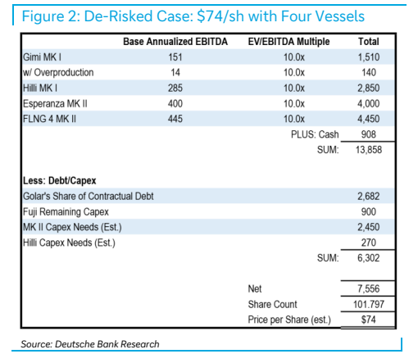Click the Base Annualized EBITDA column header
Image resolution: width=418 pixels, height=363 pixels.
pyautogui.click(x=175, y=42)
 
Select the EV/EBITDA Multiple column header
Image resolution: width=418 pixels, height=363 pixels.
pyautogui.click(x=289, y=42)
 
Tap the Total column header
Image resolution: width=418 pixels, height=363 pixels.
pyautogui.click(x=369, y=42)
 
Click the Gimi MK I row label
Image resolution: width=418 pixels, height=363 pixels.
pyautogui.click(x=42, y=57)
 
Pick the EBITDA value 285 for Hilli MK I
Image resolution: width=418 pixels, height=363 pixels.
pyautogui.click(x=175, y=88)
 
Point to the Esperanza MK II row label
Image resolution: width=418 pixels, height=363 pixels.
pyautogui.click(x=55, y=103)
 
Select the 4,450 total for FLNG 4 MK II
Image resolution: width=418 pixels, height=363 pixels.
pyautogui.click(x=369, y=119)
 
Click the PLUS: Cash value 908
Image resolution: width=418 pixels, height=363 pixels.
pyautogui.click(x=369, y=134)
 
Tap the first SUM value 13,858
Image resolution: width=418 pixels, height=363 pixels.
pyautogui.click(x=369, y=150)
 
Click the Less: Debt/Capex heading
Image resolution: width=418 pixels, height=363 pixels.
pyautogui.click(x=60, y=180)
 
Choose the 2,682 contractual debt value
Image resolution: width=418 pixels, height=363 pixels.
pyautogui.click(x=369, y=196)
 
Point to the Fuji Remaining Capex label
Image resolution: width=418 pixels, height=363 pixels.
pyautogui.click(x=66, y=211)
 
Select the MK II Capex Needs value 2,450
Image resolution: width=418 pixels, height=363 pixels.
pyautogui.click(x=369, y=227)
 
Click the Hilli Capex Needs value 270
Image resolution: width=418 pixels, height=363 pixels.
pyautogui.click(x=369, y=243)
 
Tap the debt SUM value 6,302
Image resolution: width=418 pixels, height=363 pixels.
pyautogui.click(x=369, y=258)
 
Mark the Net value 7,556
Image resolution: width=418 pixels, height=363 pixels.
pyautogui.click(x=369, y=288)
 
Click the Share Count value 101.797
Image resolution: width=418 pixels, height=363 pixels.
pyautogui.click(x=369, y=304)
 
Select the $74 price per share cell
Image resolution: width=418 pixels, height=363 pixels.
pyautogui.click(x=369, y=320)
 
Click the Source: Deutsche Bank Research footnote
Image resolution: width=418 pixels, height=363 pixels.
pyautogui.click(x=90, y=344)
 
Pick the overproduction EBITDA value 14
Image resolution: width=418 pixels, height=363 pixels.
pyautogui.click(x=175, y=72)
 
